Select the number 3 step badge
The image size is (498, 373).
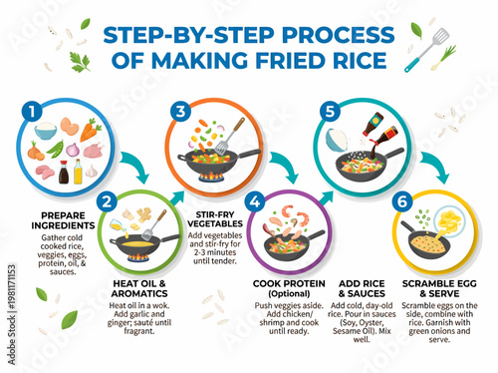click(179, 110)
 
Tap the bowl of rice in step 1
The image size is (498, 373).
click(46, 131)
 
